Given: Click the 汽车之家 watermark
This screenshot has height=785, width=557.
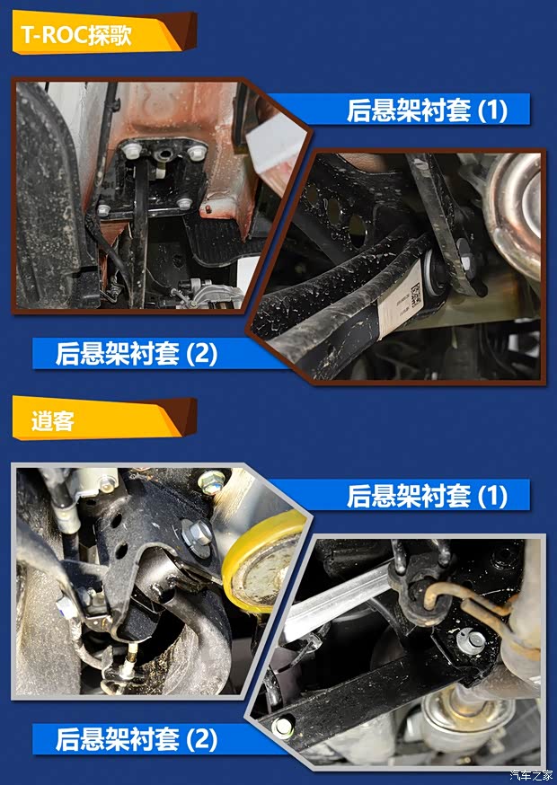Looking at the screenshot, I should click(531, 776).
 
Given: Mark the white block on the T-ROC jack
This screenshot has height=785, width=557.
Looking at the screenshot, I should click(274, 149).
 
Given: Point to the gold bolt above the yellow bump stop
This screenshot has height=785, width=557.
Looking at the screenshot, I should click(212, 483).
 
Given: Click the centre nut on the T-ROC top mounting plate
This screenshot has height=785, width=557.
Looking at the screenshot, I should click(162, 156).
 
